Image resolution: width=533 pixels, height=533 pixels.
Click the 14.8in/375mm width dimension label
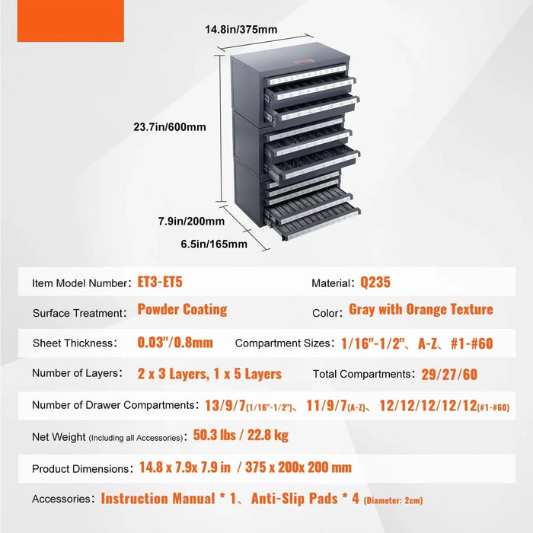tap(241, 30)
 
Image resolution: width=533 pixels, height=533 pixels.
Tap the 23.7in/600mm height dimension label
tap(170, 127)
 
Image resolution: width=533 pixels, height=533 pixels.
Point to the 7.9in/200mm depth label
tap(191, 222)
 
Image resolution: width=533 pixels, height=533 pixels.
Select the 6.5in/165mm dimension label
tap(214, 244)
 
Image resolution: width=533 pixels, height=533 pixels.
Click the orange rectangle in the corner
tap(71, 21)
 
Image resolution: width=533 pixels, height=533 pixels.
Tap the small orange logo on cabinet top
tap(304, 62)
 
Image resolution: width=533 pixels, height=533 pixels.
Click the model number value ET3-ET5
tap(160, 282)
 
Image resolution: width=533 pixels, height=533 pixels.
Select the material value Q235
tap(375, 282)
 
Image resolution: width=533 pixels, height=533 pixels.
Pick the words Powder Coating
tap(182, 310)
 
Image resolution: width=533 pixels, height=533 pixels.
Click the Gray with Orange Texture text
tap(421, 310)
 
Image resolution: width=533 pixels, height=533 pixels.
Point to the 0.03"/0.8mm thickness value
tap(175, 343)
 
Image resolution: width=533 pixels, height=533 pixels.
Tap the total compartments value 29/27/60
tap(449, 375)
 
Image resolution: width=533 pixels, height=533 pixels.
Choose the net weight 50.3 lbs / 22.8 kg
tap(241, 435)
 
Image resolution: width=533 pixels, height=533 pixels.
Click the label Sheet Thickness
tap(72, 343)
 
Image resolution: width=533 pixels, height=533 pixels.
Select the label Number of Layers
tap(75, 373)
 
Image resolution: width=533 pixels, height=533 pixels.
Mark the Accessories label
tap(61, 499)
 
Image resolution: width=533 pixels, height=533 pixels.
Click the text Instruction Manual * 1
tap(168, 499)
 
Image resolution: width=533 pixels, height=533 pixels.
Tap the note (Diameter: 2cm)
tap(394, 500)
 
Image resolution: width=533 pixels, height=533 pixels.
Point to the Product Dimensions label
tap(80, 469)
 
